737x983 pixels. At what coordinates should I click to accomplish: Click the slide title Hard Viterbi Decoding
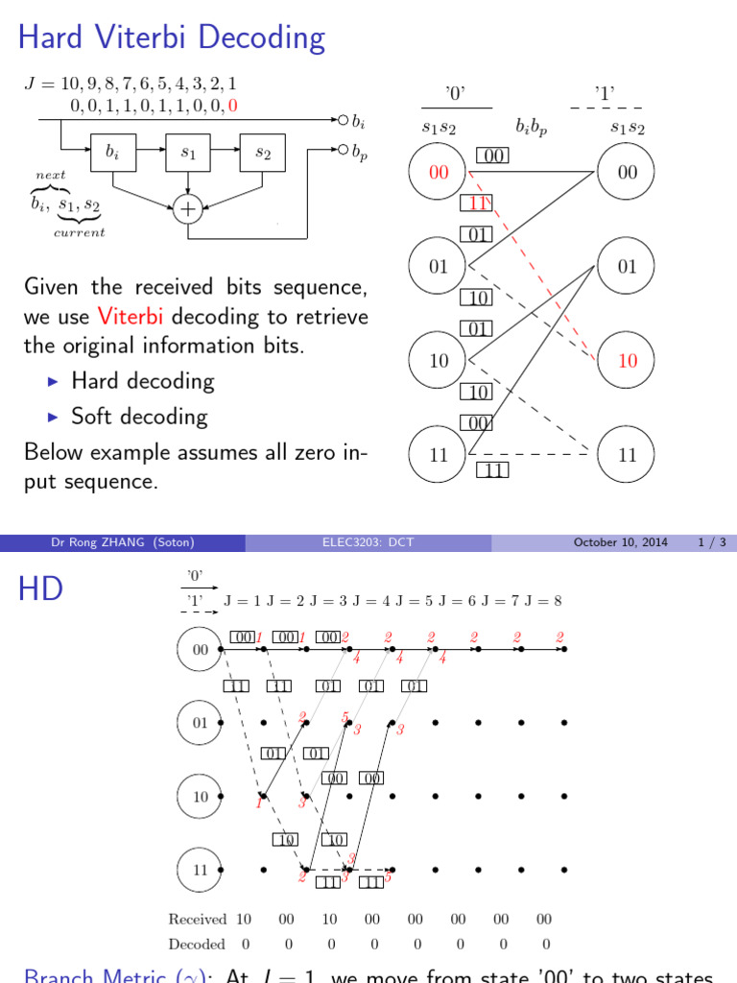[173, 38]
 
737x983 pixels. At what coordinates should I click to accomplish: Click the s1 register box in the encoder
[188, 153]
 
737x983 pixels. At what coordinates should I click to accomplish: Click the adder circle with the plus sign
[188, 208]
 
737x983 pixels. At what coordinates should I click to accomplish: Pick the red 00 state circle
[439, 173]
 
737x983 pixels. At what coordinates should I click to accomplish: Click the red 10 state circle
[627, 361]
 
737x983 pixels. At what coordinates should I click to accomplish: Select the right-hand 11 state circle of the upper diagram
[627, 455]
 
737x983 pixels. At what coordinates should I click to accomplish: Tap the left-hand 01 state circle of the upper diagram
[439, 267]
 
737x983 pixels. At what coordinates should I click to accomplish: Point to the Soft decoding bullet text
[139, 416]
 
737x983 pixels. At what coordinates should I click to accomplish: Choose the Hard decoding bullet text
[142, 381]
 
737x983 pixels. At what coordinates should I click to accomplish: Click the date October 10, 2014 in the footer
[620, 542]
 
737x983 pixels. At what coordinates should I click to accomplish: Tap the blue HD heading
[40, 589]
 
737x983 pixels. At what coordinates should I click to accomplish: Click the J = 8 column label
[543, 601]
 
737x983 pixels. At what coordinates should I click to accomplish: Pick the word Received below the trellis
[197, 919]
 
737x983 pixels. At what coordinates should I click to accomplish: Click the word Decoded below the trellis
[197, 944]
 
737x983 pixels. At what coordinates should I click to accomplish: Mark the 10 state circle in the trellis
[201, 796]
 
